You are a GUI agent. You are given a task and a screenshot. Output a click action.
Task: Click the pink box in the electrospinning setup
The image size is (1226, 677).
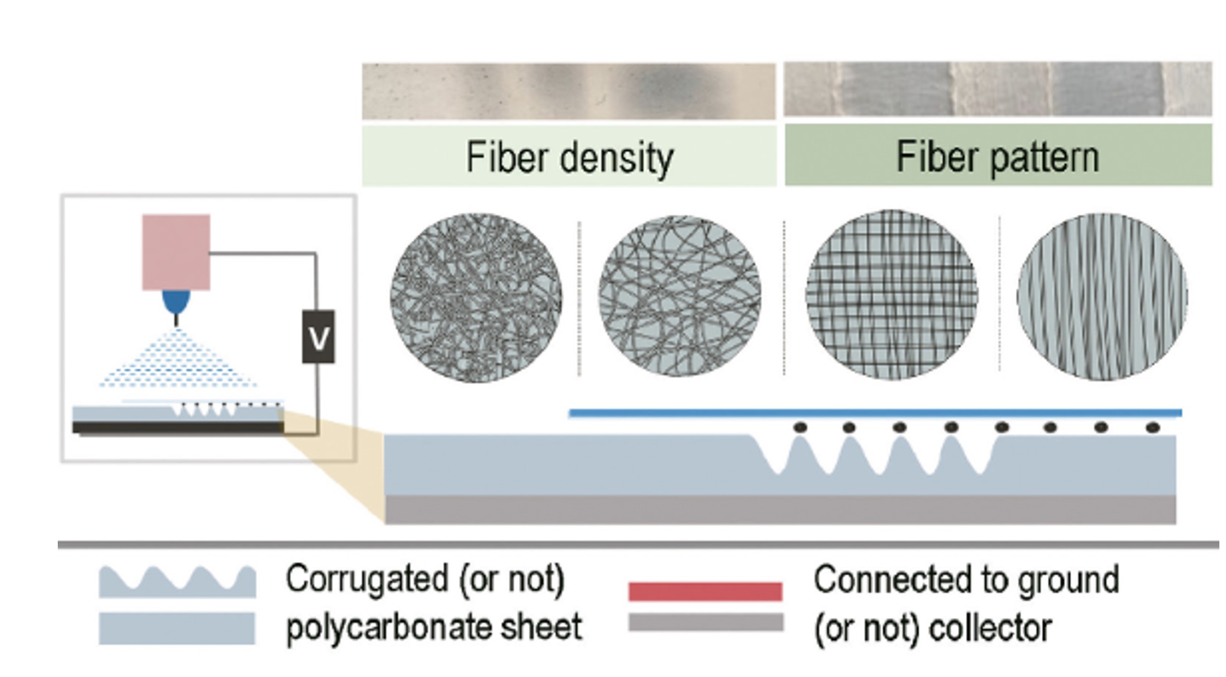(176, 252)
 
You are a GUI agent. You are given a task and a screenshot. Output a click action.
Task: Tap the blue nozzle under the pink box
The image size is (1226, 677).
(176, 301)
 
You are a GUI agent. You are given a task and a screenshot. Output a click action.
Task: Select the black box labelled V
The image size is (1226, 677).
(318, 337)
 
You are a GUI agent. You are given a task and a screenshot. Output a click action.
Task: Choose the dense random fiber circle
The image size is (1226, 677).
(475, 298)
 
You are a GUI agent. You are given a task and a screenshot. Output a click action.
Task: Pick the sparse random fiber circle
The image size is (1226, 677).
(679, 296)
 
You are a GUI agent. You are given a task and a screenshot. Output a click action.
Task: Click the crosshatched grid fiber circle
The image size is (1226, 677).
(891, 295)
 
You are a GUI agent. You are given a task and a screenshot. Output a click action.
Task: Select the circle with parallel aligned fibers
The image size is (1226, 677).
(1102, 297)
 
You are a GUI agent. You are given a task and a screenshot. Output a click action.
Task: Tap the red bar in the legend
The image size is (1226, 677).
(705, 591)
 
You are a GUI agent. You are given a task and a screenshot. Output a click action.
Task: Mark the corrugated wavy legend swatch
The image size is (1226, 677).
(177, 583)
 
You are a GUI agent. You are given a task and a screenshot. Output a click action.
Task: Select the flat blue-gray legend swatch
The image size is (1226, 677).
(177, 628)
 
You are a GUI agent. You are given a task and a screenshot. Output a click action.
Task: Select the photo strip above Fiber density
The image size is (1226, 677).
(569, 91)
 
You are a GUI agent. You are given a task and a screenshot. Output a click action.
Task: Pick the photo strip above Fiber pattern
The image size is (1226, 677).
(998, 89)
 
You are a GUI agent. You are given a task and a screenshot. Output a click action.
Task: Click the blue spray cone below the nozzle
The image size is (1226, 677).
(177, 362)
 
